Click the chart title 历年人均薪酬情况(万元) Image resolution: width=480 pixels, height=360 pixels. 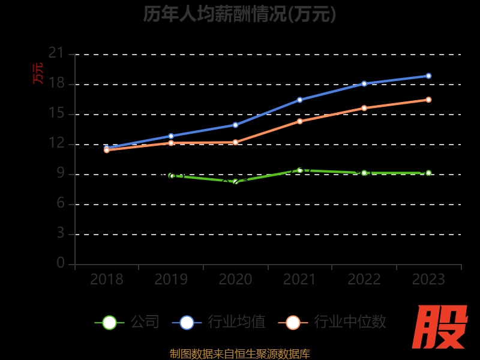239,13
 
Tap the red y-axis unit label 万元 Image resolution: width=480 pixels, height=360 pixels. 38,73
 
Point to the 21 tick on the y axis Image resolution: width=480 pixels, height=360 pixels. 56,54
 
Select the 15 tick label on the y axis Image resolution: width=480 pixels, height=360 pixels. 56,113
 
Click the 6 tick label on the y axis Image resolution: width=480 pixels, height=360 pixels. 61,203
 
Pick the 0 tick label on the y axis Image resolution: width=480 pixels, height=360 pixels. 61,263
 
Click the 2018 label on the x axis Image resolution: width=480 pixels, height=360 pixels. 107,280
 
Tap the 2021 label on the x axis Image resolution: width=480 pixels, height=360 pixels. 299,280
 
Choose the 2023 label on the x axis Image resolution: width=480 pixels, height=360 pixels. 428,280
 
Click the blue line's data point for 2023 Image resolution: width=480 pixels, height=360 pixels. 428,76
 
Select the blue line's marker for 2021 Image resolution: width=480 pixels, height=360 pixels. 299,100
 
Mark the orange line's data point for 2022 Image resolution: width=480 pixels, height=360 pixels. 364,108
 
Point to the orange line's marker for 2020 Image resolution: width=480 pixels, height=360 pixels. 235,142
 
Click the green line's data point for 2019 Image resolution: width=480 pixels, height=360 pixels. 171,176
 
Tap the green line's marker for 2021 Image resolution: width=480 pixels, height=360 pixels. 299,170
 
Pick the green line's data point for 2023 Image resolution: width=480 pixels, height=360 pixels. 428,173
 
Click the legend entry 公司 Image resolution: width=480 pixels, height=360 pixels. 127,322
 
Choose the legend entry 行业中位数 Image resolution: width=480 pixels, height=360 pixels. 332,322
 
